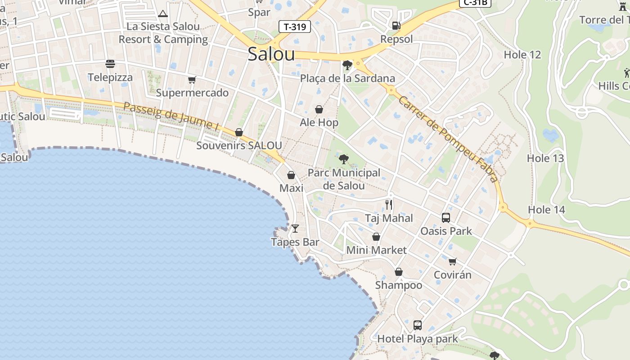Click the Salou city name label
click(271, 54)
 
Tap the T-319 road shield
click(295, 27)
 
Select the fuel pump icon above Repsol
click(396, 26)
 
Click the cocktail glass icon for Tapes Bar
click(295, 229)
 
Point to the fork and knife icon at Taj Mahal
click(389, 205)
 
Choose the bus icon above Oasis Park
click(446, 218)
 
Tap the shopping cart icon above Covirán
click(452, 261)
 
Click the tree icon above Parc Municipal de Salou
click(344, 159)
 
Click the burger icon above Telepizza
click(110, 64)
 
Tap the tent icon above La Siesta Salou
click(163, 14)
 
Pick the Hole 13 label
click(545, 158)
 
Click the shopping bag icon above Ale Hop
click(319, 109)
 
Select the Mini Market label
click(376, 250)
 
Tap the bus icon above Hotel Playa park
click(418, 325)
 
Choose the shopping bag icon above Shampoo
click(398, 272)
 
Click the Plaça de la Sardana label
click(347, 78)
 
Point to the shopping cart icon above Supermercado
click(192, 80)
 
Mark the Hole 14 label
click(546, 210)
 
